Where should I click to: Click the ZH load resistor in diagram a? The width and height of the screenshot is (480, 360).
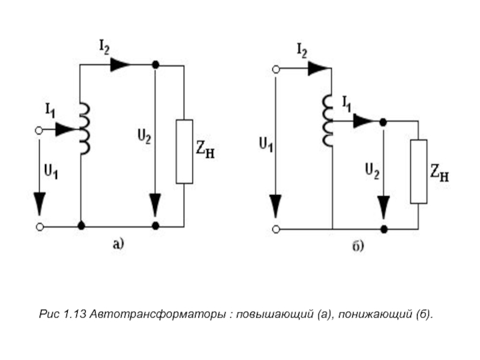[x=184, y=151]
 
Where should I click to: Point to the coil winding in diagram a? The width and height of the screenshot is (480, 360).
[x=85, y=128]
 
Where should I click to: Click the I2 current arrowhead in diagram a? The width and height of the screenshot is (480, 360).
[x=120, y=64]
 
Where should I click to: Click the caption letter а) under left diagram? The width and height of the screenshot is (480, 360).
[x=118, y=244]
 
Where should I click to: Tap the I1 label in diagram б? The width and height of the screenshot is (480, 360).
[x=347, y=103]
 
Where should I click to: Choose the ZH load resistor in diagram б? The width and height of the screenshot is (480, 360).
[x=418, y=171]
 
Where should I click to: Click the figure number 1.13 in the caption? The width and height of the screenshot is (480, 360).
[x=75, y=314]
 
